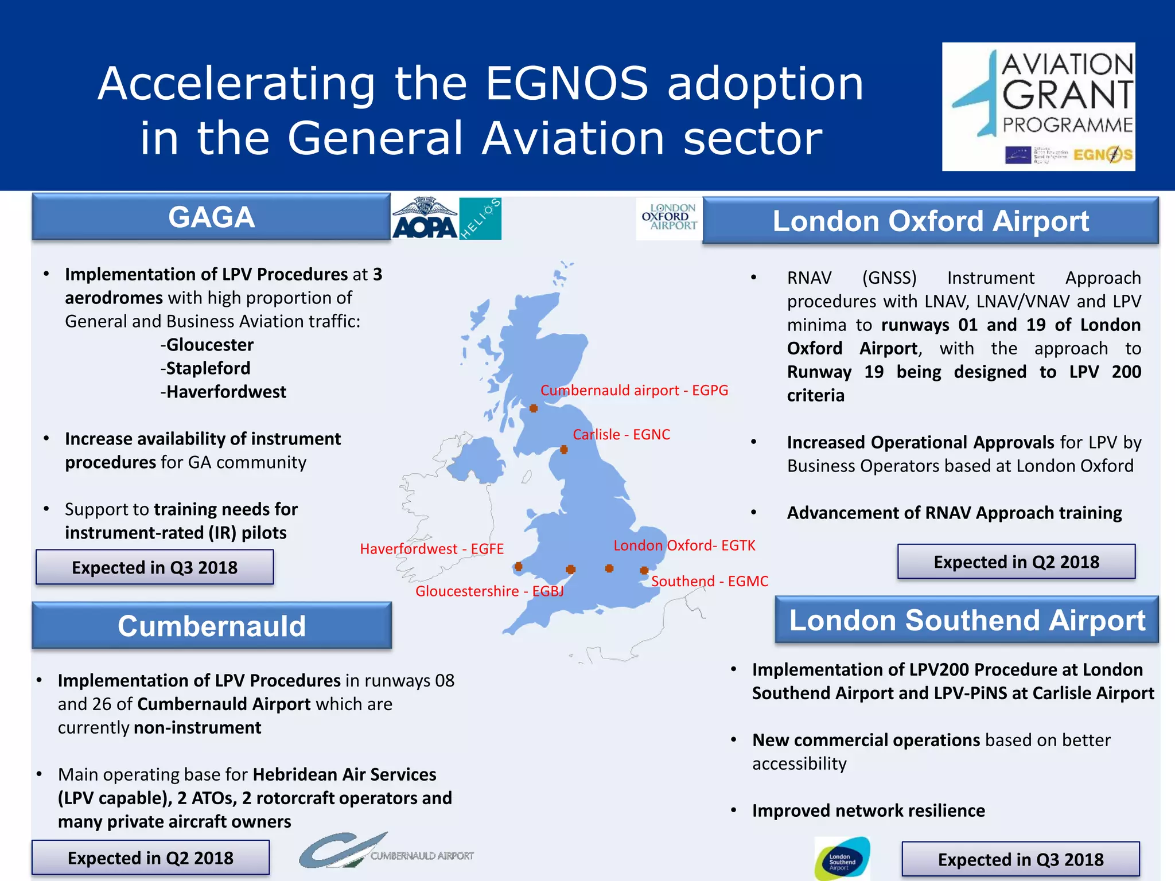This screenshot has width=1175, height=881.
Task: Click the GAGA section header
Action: point(211,217)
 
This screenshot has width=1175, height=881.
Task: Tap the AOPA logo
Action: point(425,219)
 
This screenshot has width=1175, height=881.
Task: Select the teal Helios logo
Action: point(480,219)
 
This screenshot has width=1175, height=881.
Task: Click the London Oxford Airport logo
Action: point(669,218)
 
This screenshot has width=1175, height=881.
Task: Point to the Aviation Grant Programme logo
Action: point(1038,107)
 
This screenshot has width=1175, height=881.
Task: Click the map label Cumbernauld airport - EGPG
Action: point(634,391)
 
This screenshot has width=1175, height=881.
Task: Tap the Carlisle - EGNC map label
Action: point(621,435)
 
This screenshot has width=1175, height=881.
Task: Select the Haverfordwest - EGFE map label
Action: point(431,549)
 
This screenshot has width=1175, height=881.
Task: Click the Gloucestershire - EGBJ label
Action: point(489,591)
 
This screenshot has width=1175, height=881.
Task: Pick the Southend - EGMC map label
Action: point(710,582)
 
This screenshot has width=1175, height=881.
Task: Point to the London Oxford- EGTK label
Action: point(684,545)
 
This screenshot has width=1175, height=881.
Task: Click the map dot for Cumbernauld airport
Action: point(534,408)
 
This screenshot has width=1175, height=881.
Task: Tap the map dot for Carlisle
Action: point(564,450)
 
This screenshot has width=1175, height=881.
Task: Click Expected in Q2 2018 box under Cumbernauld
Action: point(150,858)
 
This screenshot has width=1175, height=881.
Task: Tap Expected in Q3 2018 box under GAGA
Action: point(154,567)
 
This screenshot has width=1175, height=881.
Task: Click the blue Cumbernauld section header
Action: point(212,626)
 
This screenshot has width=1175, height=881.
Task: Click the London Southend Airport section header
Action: point(967,621)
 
